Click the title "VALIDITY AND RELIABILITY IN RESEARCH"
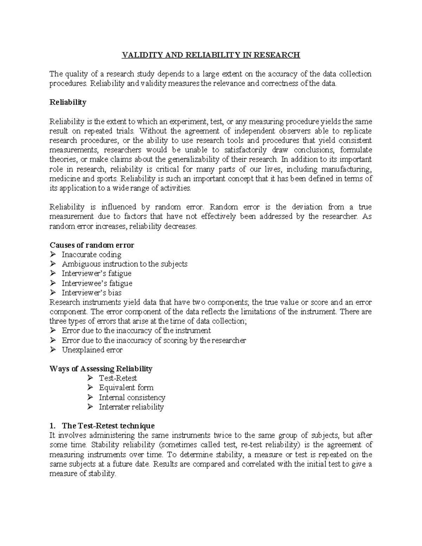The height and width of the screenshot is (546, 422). tap(211, 55)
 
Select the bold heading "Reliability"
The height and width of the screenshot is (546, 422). tap(68, 102)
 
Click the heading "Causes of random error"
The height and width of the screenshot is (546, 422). tap(92, 245)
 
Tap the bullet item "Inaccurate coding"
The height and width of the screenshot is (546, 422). tap(91, 255)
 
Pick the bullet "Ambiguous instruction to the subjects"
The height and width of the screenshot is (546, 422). tap(124, 264)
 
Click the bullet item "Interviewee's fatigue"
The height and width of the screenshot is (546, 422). tap(97, 283)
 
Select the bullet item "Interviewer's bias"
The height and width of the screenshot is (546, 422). tap(91, 293)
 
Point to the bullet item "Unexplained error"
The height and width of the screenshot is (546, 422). tap(92, 350)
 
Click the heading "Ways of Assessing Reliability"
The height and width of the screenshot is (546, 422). tap(101, 369)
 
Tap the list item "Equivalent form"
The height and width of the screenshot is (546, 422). tap(126, 388)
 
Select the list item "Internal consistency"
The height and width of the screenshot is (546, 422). tap(132, 398)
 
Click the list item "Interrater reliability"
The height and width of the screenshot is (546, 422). tap(131, 407)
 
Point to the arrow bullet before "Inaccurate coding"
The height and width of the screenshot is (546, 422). tap(53, 255)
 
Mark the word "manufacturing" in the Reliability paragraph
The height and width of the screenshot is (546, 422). tap(349, 169)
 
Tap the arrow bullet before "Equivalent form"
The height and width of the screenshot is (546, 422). tap(90, 388)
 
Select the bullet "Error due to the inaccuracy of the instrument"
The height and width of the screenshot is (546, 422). tap(136, 330)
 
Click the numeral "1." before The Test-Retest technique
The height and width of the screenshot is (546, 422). tap(53, 426)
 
